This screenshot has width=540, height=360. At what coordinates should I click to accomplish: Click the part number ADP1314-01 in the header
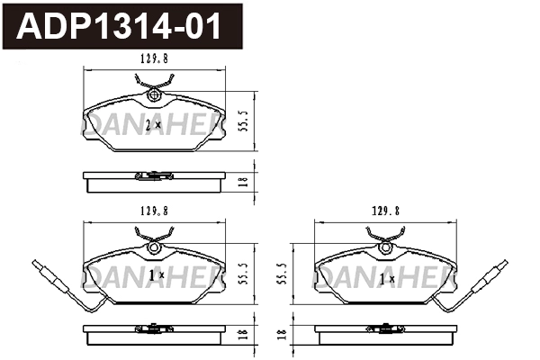pyautogui.click(x=121, y=27)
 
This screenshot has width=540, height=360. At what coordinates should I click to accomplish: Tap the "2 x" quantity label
pyautogui.click(x=153, y=126)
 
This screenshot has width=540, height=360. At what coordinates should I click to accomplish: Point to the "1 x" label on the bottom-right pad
pyautogui.click(x=386, y=280)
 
